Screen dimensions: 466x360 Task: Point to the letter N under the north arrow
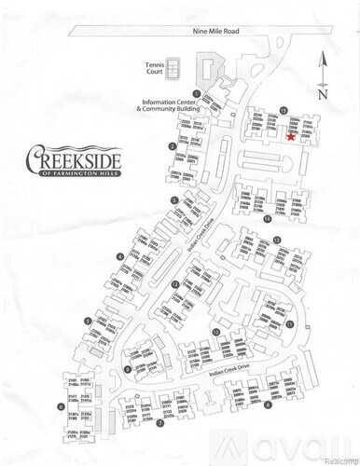322,94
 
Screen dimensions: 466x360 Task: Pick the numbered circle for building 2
173,146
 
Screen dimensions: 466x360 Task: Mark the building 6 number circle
60,406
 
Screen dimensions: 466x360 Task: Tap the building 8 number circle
268,404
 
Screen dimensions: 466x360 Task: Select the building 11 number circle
290,323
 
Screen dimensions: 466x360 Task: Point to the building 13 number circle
276,240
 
